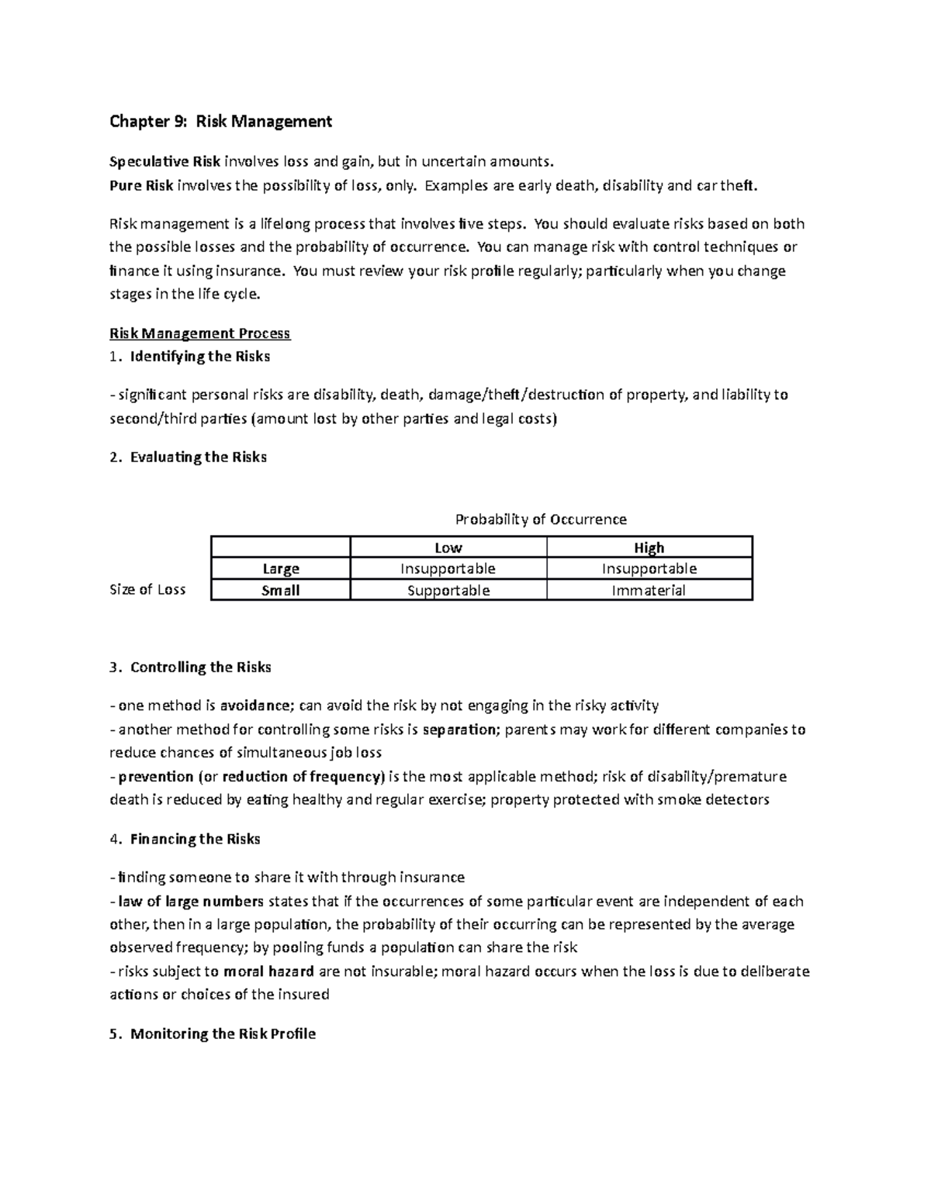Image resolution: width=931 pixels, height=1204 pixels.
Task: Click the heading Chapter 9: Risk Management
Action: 220,121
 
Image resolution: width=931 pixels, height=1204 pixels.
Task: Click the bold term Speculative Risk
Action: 164,161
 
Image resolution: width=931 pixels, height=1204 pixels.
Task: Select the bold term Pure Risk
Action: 141,185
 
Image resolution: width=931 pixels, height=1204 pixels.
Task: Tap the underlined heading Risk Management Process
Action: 199,333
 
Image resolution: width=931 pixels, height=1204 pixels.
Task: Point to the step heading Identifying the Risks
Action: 199,357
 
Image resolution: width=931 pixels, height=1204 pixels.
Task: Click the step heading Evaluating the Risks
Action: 198,457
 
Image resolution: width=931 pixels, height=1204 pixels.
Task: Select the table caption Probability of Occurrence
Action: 541,519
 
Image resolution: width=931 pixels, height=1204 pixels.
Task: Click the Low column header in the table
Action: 448,547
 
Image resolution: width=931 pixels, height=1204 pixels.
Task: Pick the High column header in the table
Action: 649,547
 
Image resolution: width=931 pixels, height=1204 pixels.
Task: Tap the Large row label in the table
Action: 281,568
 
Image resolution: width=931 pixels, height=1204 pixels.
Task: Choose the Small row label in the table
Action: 281,590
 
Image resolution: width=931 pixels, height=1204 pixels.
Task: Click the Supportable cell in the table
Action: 448,590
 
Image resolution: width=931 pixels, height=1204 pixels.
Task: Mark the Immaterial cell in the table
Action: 649,590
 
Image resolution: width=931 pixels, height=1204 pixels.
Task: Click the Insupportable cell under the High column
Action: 649,568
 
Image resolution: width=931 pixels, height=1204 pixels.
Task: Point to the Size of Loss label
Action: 147,589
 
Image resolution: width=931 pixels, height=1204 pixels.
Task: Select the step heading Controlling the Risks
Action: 200,668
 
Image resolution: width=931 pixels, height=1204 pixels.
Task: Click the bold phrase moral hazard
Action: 268,971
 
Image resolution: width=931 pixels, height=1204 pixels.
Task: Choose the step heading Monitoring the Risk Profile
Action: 223,1033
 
